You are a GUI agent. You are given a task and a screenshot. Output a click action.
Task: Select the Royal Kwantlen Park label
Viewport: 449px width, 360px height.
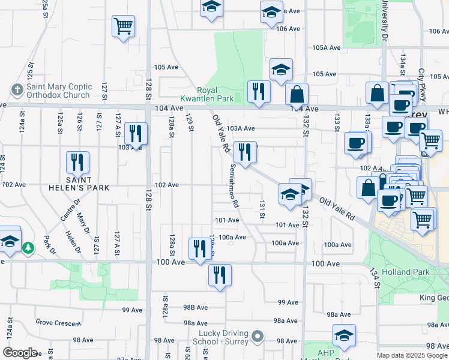tap(207, 93)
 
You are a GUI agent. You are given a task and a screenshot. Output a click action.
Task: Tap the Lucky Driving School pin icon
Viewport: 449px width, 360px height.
tap(258, 337)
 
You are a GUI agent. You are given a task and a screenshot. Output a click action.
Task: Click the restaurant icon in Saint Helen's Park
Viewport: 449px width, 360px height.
tap(77, 163)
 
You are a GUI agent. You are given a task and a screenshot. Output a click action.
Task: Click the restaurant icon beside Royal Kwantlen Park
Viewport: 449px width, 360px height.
tap(259, 92)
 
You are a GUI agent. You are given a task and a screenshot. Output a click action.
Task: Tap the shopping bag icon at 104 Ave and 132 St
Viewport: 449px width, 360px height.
tap(297, 94)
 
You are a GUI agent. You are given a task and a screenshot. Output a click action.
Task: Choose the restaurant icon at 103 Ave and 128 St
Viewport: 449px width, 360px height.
tap(136, 134)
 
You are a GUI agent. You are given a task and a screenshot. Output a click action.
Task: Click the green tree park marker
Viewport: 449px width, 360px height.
tap(28, 247)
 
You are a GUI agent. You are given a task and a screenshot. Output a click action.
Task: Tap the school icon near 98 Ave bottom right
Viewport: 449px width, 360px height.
tap(345, 335)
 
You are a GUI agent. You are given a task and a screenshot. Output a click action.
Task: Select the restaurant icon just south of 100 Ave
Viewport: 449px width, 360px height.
tap(220, 275)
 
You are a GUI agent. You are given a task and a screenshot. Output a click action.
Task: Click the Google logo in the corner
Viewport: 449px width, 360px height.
tap(20, 352)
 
